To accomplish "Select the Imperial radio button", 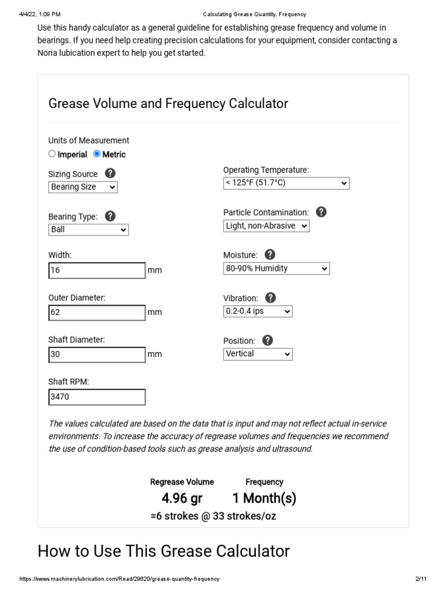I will tap(52, 154).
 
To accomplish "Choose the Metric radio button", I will tap(97, 154).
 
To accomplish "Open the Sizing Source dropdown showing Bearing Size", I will tap(82, 187).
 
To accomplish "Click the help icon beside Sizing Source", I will tap(110, 173).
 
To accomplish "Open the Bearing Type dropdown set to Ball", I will tap(88, 230).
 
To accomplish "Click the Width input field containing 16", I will tap(97, 270).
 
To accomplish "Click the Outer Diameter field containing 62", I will tap(97, 313).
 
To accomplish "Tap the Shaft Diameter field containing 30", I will tap(97, 354).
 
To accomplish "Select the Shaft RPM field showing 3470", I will tap(97, 397).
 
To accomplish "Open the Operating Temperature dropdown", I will tap(286, 183).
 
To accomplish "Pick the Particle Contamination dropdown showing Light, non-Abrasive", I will tap(266, 226).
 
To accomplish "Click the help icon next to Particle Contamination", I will tap(321, 212).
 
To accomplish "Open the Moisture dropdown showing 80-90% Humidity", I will tap(276, 269).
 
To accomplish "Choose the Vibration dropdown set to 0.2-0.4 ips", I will tap(258, 312).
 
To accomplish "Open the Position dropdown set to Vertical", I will tap(258, 354).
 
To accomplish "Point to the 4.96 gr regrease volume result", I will tap(182, 498).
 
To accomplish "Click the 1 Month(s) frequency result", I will tap(264, 498).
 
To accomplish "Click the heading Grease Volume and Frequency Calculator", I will tap(168, 104).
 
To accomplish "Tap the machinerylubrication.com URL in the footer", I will tap(120, 579).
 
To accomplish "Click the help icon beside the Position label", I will tap(267, 341).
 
